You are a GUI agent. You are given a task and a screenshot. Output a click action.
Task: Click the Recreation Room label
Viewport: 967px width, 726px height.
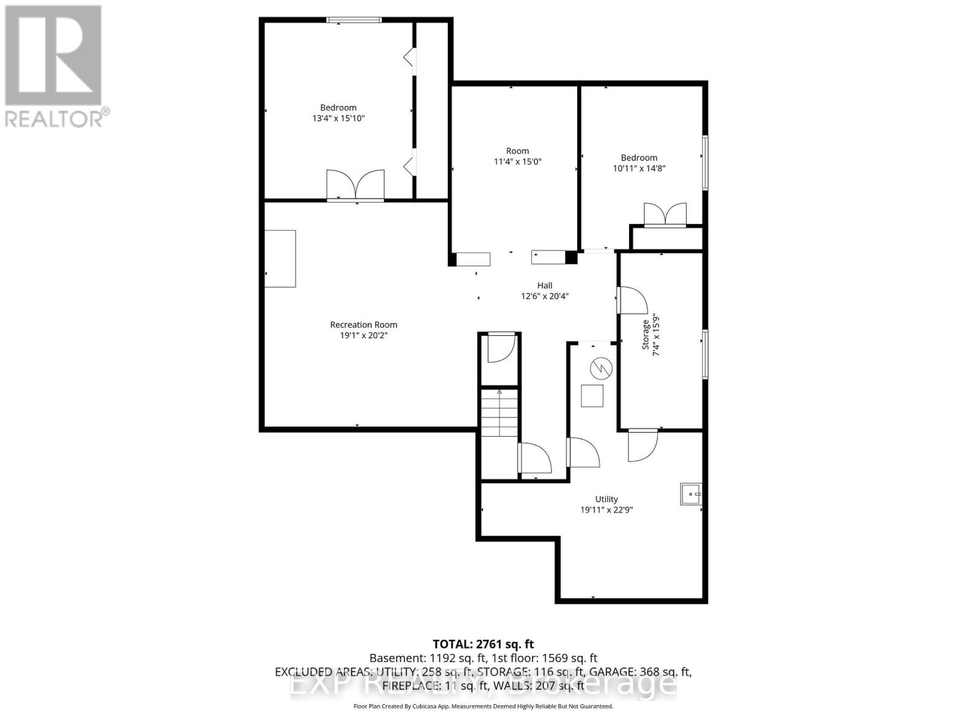pyautogui.click(x=363, y=325)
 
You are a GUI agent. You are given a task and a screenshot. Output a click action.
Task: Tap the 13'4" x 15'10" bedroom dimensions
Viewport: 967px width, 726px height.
pyautogui.click(x=338, y=119)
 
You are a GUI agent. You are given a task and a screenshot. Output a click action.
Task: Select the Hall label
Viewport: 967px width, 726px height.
pyautogui.click(x=545, y=286)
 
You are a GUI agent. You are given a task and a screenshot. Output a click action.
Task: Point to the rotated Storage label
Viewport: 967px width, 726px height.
pyautogui.click(x=645, y=335)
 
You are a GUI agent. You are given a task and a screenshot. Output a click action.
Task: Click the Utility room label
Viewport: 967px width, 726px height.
pyautogui.click(x=606, y=499)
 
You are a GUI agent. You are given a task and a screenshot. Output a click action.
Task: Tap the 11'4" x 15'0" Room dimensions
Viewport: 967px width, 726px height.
pyautogui.click(x=517, y=162)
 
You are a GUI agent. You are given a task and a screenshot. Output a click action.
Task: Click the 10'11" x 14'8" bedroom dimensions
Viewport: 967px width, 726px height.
pyautogui.click(x=639, y=169)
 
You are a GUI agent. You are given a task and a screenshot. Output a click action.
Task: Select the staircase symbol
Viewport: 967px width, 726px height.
pyautogui.click(x=499, y=417)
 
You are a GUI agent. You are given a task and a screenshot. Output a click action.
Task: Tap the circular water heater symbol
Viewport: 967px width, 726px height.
pyautogui.click(x=601, y=368)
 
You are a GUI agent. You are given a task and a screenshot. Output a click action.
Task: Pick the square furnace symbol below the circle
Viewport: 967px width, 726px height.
pyautogui.click(x=592, y=396)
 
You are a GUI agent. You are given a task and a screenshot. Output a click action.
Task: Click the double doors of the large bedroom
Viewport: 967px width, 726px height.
pyautogui.click(x=355, y=185)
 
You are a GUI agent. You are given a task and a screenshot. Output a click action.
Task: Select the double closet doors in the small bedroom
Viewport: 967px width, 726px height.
pyautogui.click(x=665, y=215)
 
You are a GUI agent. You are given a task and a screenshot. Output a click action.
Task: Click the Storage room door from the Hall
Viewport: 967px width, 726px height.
pyautogui.click(x=632, y=300)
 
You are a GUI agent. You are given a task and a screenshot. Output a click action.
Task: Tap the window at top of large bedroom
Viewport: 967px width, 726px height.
pyautogui.click(x=354, y=20)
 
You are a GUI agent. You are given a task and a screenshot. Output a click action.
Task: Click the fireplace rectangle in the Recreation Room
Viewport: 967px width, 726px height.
pyautogui.click(x=280, y=258)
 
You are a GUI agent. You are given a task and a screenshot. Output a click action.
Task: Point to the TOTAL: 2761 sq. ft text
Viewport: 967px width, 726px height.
pyautogui.click(x=483, y=644)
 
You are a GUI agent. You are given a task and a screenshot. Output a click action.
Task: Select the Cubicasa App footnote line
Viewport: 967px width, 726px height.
pyautogui.click(x=483, y=706)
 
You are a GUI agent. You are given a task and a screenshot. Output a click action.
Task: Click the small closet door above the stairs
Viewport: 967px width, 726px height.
pyautogui.click(x=500, y=348)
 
